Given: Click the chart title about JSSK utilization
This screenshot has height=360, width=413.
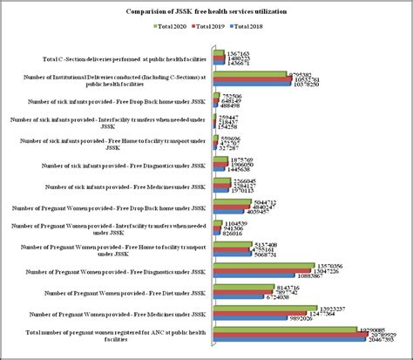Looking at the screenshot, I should coord(206,11).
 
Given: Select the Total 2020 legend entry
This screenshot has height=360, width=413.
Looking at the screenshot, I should coord(172,28).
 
